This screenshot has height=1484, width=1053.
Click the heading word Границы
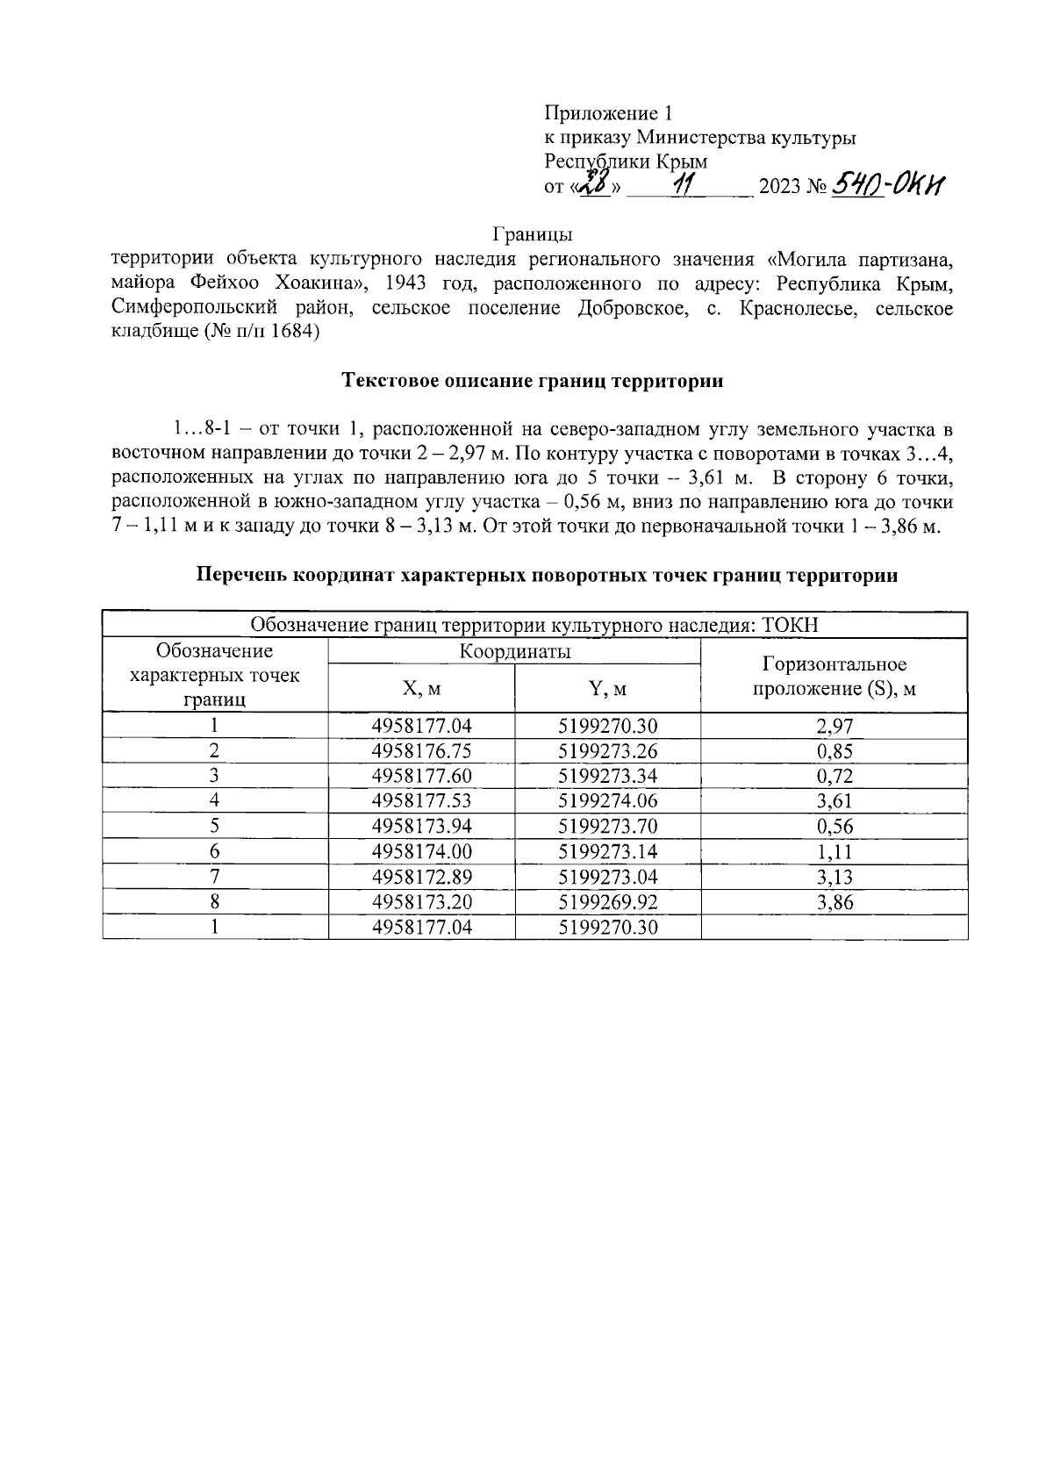point(533,235)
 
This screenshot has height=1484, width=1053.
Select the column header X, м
point(421,689)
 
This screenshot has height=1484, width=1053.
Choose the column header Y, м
point(607,689)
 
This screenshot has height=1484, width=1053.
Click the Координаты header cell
point(514,651)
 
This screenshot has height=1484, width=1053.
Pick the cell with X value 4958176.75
point(421,751)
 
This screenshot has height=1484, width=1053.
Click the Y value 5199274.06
point(607,801)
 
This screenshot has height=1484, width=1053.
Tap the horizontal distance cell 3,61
point(834,801)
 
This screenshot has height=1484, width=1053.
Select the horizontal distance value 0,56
point(834,827)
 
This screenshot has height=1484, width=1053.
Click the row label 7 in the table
point(214,877)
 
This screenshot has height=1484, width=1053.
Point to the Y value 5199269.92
point(607,902)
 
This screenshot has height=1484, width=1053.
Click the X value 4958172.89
point(421,877)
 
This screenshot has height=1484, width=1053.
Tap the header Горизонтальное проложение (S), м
point(834,676)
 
